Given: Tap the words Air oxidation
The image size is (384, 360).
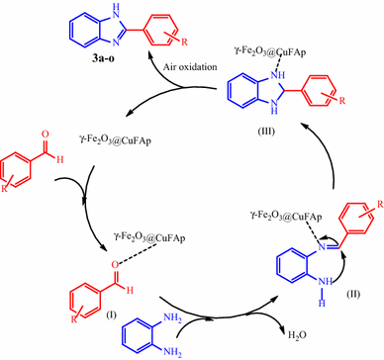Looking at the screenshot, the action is coord(190,67).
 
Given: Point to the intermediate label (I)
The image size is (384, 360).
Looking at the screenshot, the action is coord(111,315).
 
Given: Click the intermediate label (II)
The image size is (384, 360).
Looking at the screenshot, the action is coord(353,294).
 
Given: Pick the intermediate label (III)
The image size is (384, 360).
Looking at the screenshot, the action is coord(266,132).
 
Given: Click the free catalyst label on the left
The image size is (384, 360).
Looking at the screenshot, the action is coord(115,140).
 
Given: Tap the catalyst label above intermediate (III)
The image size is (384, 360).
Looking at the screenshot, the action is coord(269,51).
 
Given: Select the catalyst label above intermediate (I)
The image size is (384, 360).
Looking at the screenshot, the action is coord(149,237).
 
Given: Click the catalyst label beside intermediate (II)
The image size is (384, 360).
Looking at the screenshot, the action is coord(285,218).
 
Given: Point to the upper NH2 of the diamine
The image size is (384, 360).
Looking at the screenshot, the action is coord(172,318).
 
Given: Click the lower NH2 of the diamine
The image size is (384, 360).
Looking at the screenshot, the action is coord(172,352).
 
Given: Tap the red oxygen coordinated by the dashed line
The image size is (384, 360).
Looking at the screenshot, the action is coord(115,264).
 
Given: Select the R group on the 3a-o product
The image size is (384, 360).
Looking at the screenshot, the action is coord(185,42).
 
